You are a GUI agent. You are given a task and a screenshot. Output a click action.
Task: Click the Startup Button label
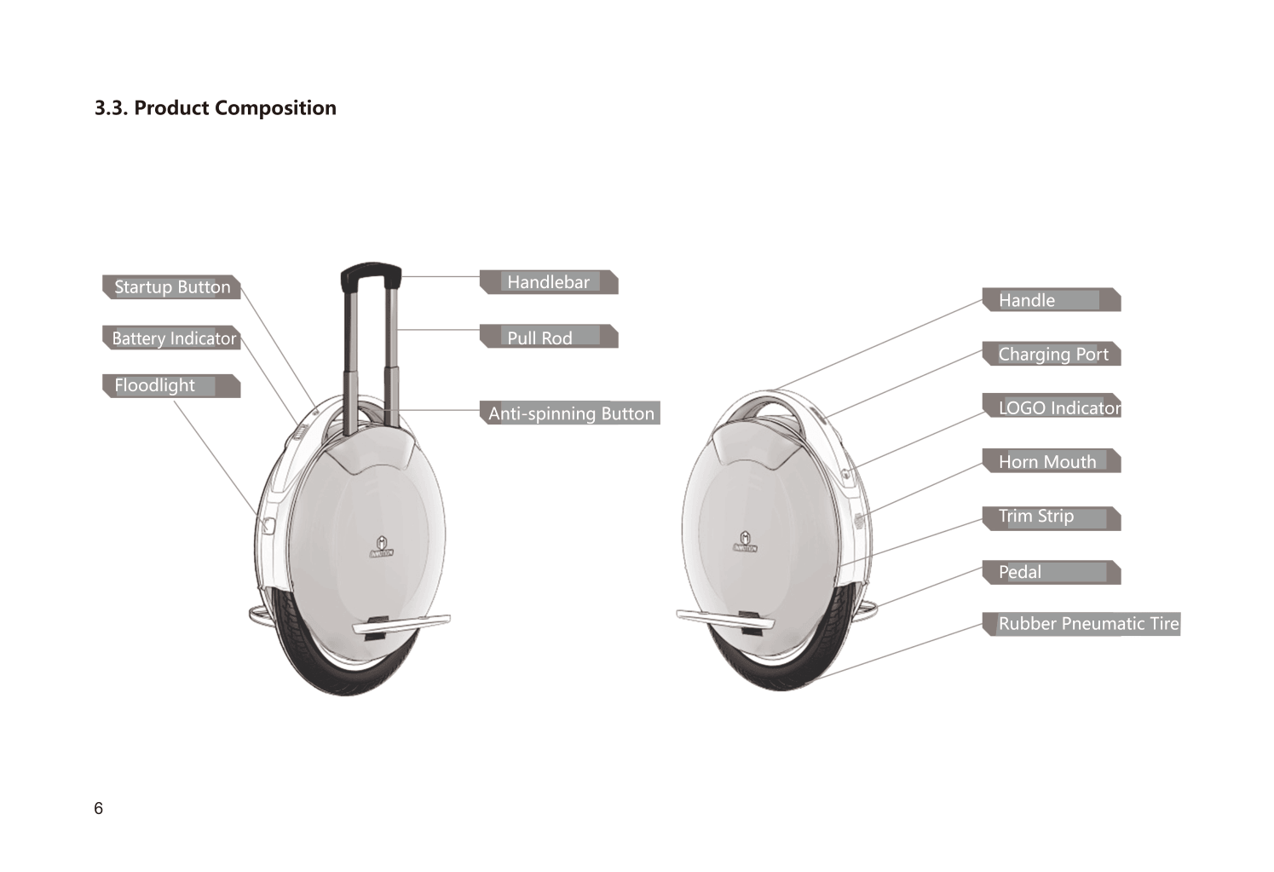pyautogui.click(x=171, y=286)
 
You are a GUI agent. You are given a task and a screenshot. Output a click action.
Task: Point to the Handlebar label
pyautogui.click(x=549, y=282)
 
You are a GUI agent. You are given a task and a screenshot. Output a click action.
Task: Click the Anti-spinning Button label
pyautogui.click(x=570, y=413)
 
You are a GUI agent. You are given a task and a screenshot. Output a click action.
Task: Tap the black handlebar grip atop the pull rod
pyautogui.click(x=371, y=272)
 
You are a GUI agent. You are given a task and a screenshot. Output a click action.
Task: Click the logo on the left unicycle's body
pyautogui.click(x=382, y=546)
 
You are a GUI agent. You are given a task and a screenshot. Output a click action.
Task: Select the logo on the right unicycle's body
pyautogui.click(x=745, y=541)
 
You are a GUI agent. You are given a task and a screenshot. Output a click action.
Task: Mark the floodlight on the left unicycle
pyautogui.click(x=268, y=526)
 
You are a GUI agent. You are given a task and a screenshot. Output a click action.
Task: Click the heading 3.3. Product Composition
pyautogui.click(x=216, y=108)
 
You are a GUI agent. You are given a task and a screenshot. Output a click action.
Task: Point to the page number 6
pyautogui.click(x=98, y=808)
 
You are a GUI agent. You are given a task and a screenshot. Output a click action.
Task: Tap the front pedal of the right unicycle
pyautogui.click(x=725, y=619)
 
